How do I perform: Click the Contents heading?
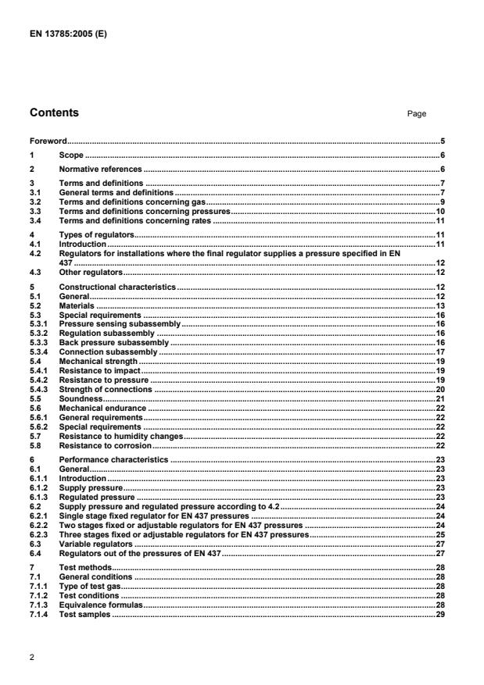(54, 113)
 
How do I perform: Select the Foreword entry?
(48, 141)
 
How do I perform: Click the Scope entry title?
(72, 155)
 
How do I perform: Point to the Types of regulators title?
(98, 234)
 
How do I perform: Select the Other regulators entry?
(91, 273)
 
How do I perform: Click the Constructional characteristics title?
(118, 288)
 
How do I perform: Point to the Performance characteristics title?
(113, 460)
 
